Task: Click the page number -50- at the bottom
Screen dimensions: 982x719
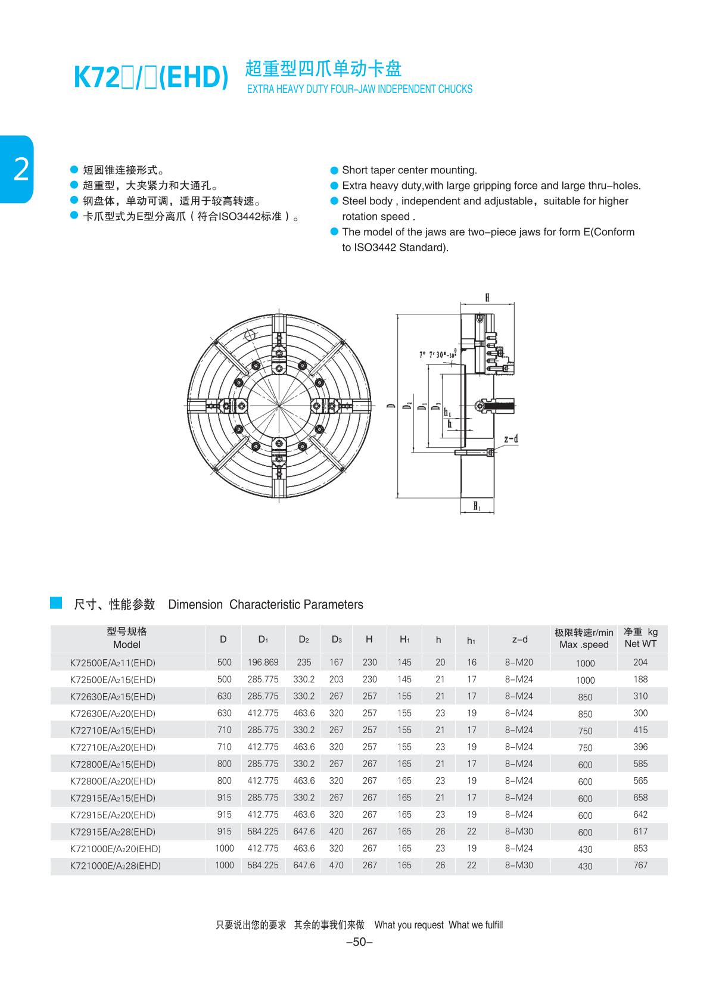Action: (x=359, y=942)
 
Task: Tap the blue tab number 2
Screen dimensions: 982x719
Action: (x=20, y=170)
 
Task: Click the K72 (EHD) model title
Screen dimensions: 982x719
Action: (x=150, y=78)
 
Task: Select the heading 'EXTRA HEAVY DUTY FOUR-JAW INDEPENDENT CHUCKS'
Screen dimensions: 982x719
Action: (x=359, y=89)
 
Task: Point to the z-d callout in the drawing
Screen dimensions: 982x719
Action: (x=511, y=439)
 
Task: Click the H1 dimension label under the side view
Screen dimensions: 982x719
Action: (x=477, y=506)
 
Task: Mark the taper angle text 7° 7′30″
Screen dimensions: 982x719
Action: (x=438, y=354)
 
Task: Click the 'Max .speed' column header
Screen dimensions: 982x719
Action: (x=584, y=645)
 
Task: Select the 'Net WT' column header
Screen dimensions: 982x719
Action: (x=640, y=644)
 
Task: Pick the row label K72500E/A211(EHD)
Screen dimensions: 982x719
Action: (x=113, y=663)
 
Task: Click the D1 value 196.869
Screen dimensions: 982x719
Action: (x=263, y=662)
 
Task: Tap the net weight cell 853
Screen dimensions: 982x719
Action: (x=640, y=849)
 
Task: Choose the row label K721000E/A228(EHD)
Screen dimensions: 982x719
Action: (x=115, y=866)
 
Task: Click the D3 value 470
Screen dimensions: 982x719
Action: (x=337, y=865)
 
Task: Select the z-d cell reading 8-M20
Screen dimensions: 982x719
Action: (x=519, y=662)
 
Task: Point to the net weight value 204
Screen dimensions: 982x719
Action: (x=640, y=662)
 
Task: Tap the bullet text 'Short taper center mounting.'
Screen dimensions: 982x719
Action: (x=409, y=170)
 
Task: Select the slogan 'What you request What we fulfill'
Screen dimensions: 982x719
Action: (x=438, y=925)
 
